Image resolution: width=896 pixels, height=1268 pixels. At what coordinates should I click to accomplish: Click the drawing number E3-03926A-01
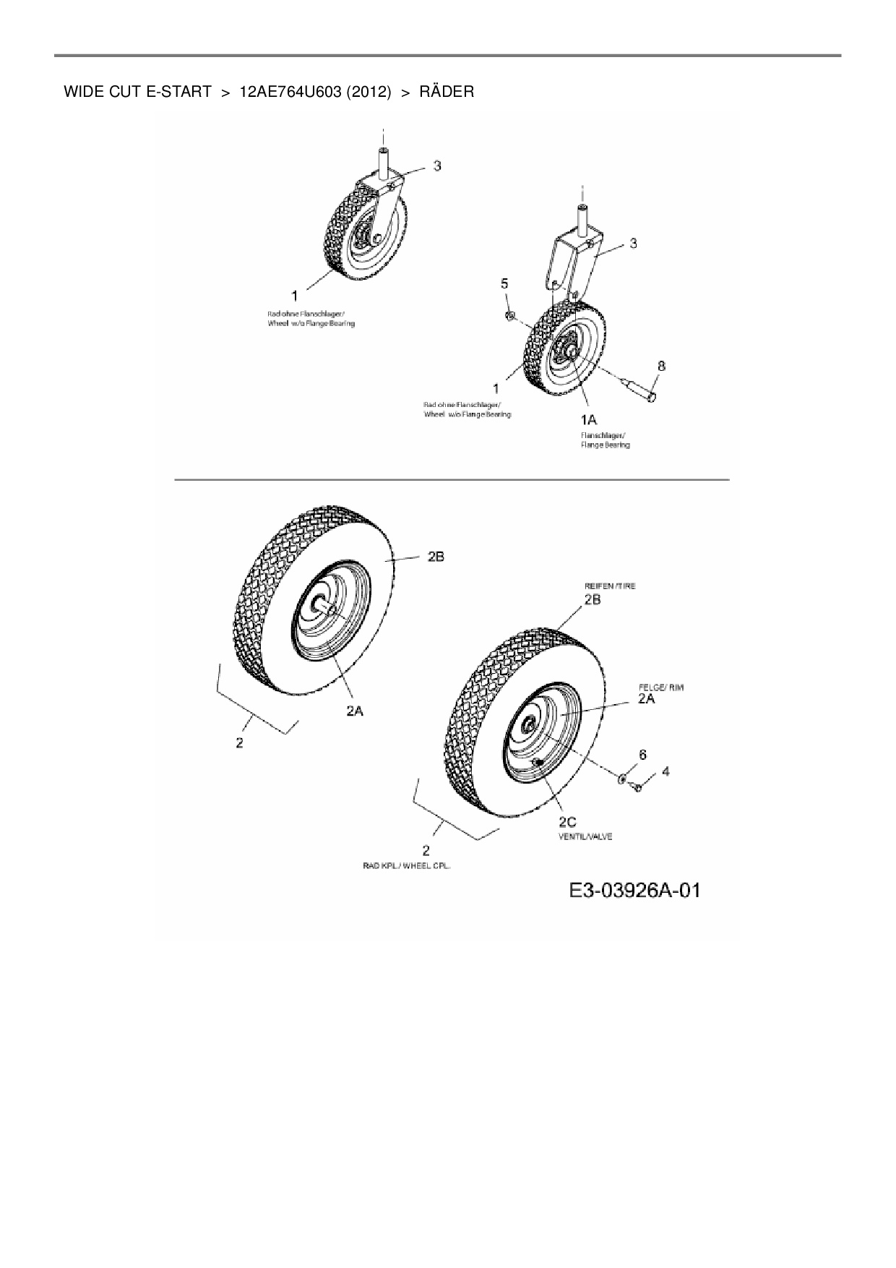click(x=634, y=890)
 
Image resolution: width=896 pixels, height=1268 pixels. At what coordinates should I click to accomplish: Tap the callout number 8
click(x=661, y=366)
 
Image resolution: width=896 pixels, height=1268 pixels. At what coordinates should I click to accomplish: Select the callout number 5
click(x=505, y=283)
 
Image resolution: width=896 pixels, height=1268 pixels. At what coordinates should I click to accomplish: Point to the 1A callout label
click(x=588, y=419)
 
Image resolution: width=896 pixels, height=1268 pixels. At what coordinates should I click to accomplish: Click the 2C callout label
click(x=567, y=821)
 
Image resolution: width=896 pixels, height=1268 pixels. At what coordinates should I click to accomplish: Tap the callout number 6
click(x=642, y=754)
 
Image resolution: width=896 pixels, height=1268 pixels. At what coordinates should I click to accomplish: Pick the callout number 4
click(x=665, y=771)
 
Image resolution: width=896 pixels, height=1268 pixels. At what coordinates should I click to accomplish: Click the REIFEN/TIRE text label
click(x=610, y=586)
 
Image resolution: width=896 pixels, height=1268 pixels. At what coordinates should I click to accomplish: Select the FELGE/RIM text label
click(x=660, y=687)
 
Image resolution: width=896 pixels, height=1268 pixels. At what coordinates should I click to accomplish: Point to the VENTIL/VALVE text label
click(x=585, y=836)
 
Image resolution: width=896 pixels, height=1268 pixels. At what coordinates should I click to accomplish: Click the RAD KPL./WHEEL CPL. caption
click(x=406, y=865)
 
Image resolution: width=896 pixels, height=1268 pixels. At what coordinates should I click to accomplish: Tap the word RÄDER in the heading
click(x=447, y=92)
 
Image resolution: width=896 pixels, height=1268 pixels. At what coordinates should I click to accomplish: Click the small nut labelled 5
click(x=509, y=314)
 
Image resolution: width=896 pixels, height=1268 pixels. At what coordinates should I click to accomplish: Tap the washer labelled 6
click(x=621, y=779)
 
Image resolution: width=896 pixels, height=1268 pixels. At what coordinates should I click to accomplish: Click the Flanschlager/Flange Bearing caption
click(x=606, y=440)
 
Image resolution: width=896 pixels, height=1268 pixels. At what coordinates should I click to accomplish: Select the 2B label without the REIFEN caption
click(x=435, y=556)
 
